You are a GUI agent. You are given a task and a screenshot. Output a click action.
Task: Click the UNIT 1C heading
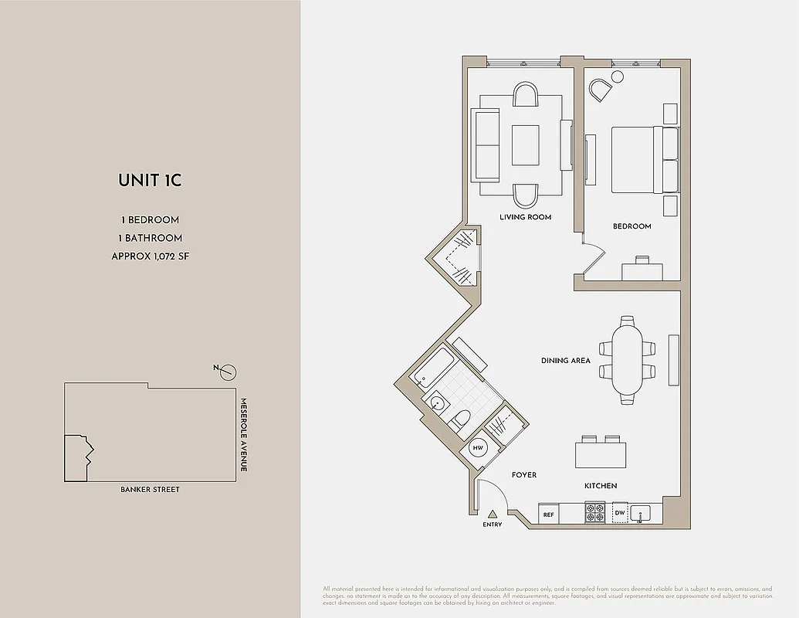tap(150, 181)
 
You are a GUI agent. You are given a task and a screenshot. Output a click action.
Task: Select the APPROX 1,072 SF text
tap(150, 256)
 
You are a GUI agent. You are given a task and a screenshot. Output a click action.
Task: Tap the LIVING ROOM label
tap(525, 217)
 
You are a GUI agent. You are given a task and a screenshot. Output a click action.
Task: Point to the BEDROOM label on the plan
tap(631, 226)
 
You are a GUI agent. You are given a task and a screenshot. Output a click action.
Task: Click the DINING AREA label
tap(566, 361)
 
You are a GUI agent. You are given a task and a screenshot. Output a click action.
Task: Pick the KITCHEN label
tap(601, 486)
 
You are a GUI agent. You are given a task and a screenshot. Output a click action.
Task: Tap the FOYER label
tap(524, 475)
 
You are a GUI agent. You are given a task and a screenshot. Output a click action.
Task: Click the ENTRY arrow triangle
tap(492, 514)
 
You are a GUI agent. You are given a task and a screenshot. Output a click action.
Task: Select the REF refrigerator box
tap(549, 514)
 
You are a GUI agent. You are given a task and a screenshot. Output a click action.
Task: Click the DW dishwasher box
tap(619, 513)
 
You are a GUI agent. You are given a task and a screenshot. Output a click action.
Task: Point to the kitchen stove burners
tap(595, 512)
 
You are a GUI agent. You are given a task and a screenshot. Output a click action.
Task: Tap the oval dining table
tap(627, 360)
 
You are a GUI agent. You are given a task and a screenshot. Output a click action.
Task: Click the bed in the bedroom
tap(644, 160)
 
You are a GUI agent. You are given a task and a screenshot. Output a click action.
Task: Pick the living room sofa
tap(486, 144)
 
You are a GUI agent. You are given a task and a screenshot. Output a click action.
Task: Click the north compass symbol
tap(226, 373)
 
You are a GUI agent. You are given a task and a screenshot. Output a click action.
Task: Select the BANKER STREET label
tap(150, 489)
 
